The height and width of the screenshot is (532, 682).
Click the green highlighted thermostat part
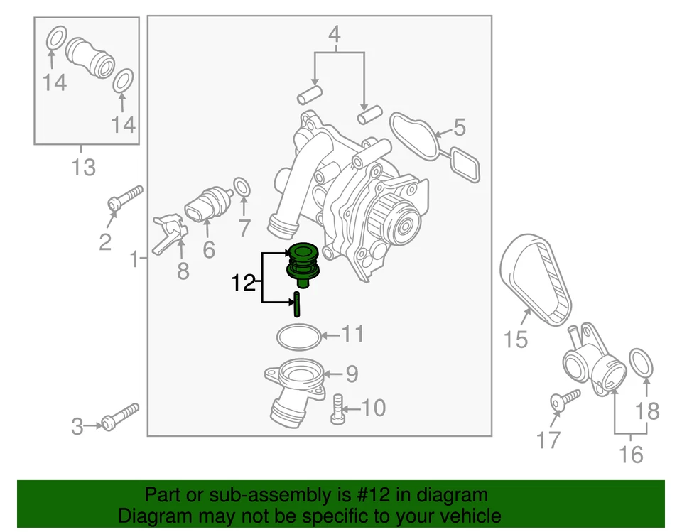tap(302, 266)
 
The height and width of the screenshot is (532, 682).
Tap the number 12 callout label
tap(242, 284)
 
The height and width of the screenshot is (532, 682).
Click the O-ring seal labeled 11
tap(297, 336)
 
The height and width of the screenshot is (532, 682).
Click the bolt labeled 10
tap(337, 410)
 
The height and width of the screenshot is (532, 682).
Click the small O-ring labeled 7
tap(242, 188)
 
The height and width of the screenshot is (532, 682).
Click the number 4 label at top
tap(334, 33)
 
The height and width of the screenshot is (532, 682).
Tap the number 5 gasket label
tap(459, 128)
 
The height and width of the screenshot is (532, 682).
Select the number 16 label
tap(631, 452)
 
